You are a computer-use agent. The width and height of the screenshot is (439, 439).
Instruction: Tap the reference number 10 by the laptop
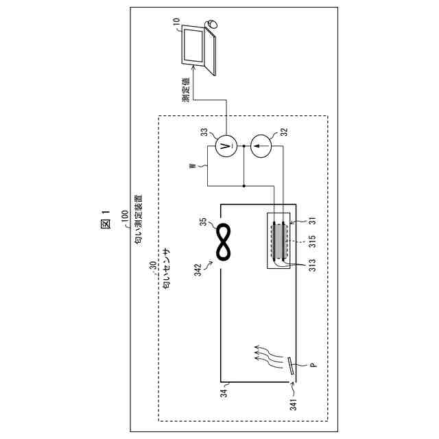(177, 23)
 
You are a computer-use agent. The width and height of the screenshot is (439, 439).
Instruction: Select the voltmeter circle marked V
(224, 145)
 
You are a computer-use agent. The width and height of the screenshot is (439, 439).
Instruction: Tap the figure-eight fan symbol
(224, 243)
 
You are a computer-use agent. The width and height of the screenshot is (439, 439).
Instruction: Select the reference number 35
(203, 222)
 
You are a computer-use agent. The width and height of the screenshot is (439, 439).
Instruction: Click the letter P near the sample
(312, 366)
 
